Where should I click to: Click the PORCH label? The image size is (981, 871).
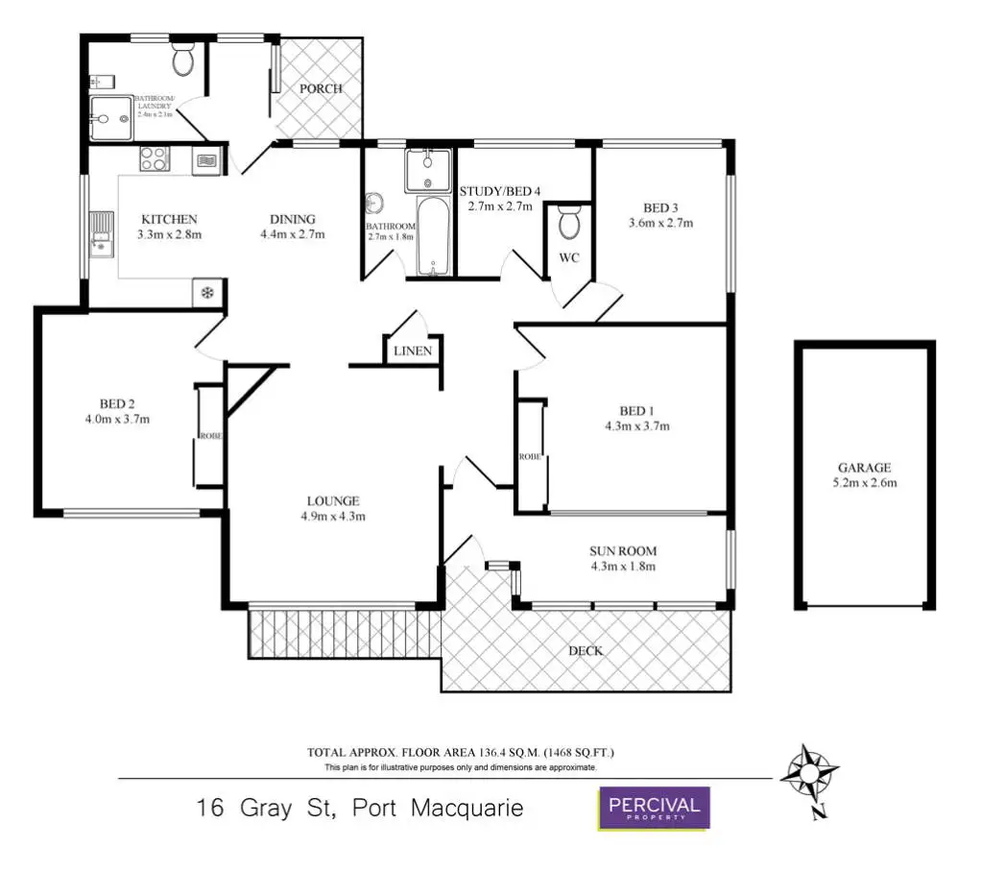321,89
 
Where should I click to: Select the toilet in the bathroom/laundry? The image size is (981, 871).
183,62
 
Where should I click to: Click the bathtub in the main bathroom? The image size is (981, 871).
433,236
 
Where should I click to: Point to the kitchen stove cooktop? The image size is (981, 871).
155,157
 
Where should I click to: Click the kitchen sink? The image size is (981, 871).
101,234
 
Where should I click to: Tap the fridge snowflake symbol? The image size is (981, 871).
205,292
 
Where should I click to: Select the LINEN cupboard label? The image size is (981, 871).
413,351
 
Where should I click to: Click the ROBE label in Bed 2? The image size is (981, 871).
211,436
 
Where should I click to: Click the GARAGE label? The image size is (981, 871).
865,469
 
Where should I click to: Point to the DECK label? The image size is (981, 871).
586,651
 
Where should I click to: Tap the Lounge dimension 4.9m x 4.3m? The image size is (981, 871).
333,516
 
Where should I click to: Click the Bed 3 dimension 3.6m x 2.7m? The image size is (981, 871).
660,223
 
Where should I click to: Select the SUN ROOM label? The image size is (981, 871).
622,551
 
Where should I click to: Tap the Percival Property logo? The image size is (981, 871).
655,808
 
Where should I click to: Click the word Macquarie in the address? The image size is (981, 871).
467,808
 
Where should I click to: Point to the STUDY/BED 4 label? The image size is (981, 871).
500,191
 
